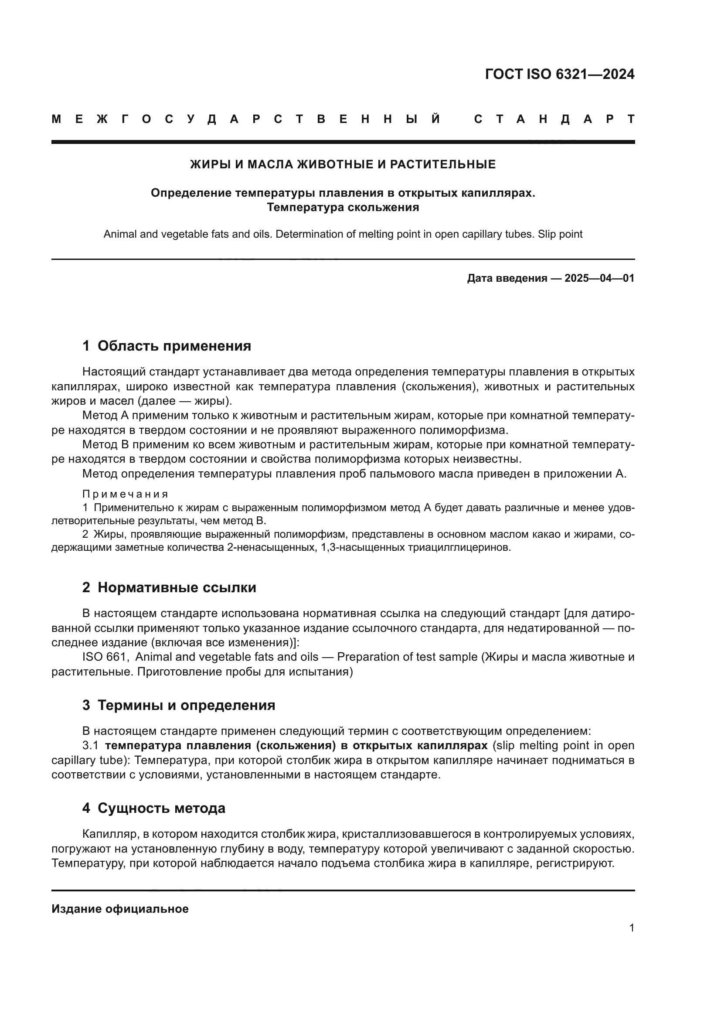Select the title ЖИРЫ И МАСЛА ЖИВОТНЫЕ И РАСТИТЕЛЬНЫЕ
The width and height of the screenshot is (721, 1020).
343,164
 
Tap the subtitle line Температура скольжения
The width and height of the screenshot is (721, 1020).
343,208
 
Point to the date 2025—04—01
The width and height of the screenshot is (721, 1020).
599,279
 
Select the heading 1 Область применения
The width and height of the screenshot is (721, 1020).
167,346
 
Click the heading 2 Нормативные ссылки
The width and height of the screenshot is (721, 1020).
169,587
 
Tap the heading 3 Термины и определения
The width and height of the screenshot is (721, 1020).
178,705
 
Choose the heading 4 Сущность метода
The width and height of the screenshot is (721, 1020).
153,808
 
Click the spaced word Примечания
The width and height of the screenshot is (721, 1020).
125,494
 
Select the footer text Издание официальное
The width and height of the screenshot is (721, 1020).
120,909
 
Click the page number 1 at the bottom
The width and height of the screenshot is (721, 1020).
631,928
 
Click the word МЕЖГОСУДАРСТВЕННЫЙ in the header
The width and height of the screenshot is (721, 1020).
246,119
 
